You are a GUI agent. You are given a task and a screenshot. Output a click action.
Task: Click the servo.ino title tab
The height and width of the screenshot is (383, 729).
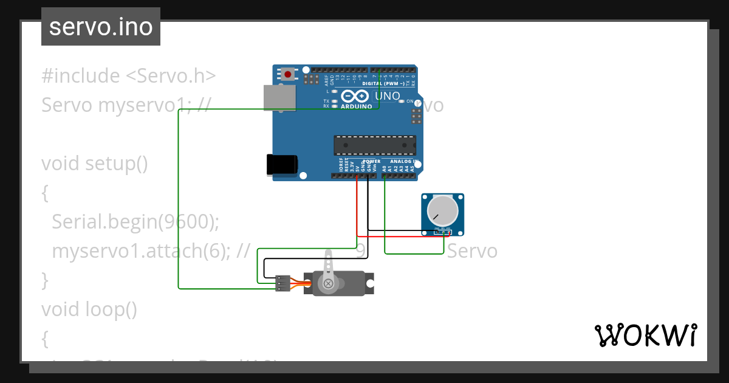tap(101, 27)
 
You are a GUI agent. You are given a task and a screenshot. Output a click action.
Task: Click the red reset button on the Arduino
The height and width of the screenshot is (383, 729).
tap(287, 75)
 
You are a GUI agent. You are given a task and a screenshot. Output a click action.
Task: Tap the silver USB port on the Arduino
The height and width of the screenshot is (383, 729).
tap(279, 97)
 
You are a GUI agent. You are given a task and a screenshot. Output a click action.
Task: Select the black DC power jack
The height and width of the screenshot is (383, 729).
tap(282, 165)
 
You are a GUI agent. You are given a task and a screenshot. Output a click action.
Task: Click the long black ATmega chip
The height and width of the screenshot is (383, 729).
tap(375, 145)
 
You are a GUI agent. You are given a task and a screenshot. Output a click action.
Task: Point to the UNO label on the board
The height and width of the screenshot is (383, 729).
tap(387, 96)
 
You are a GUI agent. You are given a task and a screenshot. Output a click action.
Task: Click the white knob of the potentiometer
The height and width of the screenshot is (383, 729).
tap(442, 210)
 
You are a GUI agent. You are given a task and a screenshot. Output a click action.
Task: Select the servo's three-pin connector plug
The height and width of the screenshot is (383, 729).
tap(282, 283)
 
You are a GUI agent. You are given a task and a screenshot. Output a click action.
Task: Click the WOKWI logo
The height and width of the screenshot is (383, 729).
tap(645, 336)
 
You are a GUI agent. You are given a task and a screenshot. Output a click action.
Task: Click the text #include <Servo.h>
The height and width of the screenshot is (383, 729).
tap(128, 76)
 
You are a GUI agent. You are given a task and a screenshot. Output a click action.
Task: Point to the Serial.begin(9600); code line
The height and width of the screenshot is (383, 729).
tap(135, 222)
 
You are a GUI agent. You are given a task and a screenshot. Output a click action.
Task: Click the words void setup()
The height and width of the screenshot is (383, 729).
tap(95, 164)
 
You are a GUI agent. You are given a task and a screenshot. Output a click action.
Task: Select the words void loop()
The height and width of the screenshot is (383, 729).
tap(89, 309)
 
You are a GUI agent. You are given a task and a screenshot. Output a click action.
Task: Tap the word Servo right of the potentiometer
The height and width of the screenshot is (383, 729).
tap(472, 251)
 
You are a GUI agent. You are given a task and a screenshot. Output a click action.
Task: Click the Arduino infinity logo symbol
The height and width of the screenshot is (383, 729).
tap(355, 96)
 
